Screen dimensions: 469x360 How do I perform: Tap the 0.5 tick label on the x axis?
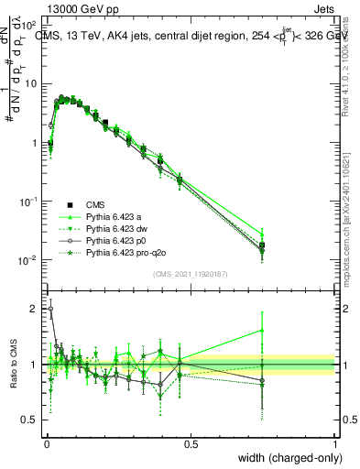(191, 443)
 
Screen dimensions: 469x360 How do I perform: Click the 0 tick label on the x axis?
(47, 443)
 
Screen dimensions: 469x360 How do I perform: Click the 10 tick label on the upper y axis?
(30, 84)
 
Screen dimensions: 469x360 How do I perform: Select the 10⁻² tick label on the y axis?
(27, 260)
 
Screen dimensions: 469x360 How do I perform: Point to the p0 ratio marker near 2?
(50, 309)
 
